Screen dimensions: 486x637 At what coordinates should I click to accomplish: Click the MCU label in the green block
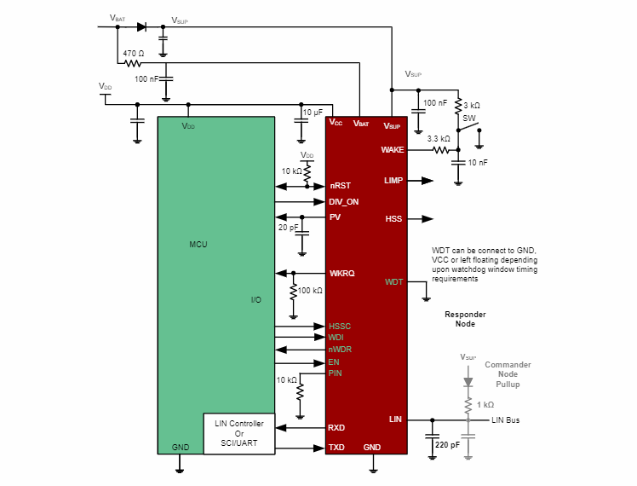pyautogui.click(x=198, y=245)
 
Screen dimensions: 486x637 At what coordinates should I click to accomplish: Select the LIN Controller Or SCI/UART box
pyautogui.click(x=239, y=433)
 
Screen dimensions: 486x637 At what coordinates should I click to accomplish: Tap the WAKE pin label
pyautogui.click(x=392, y=149)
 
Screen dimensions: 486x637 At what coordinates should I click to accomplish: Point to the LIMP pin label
pyautogui.click(x=393, y=181)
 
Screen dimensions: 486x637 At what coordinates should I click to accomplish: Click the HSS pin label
pyautogui.click(x=393, y=219)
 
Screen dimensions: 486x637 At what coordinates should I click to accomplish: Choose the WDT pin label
pyautogui.click(x=394, y=281)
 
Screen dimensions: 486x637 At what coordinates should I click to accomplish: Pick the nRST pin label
pyautogui.click(x=340, y=185)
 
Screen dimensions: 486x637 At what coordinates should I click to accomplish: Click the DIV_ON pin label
pyautogui.click(x=344, y=201)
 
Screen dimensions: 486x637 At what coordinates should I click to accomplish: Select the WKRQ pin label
pyautogui.click(x=341, y=273)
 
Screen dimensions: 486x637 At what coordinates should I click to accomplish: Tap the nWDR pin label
pyautogui.click(x=340, y=350)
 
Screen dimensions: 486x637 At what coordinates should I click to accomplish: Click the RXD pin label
pyautogui.click(x=336, y=427)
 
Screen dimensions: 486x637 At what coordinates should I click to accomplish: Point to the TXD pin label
pyautogui.click(x=336, y=448)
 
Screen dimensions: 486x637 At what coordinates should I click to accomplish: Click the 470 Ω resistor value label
pyautogui.click(x=134, y=53)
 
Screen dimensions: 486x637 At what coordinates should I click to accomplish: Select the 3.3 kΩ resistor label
pyautogui.click(x=439, y=138)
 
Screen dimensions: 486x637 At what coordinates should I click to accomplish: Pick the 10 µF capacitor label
pyautogui.click(x=313, y=113)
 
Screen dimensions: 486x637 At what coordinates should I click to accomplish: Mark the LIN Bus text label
pyautogui.click(x=505, y=420)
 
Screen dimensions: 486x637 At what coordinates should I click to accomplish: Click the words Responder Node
pyautogui.click(x=465, y=319)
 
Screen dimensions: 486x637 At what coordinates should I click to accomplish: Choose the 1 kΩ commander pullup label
pyautogui.click(x=485, y=404)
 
